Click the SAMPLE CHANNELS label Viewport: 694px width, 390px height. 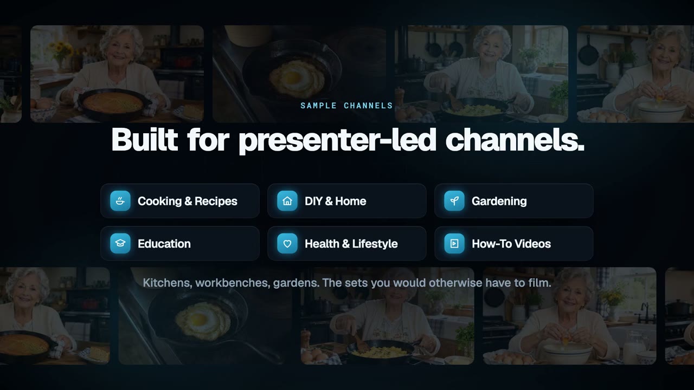pyautogui.click(x=346, y=106)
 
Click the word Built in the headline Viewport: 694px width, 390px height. pyautogui.click(x=145, y=140)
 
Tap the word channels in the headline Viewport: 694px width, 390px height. pyautogui.click(x=515, y=140)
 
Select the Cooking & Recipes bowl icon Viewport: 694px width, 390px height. pyautogui.click(x=120, y=201)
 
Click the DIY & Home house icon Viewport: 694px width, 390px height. pyautogui.click(x=287, y=201)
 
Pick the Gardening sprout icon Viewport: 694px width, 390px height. pyautogui.click(x=454, y=201)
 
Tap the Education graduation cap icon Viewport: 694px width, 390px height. pyautogui.click(x=120, y=244)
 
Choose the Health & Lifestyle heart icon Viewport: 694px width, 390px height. pyautogui.click(x=287, y=244)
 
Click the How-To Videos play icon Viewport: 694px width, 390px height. pyautogui.click(x=454, y=244)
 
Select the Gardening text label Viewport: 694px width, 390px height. pyautogui.click(x=499, y=201)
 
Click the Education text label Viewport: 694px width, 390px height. pyautogui.click(x=164, y=244)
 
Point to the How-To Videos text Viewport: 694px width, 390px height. pyautogui.click(x=511, y=244)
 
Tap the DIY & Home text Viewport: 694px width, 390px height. pyautogui.click(x=336, y=201)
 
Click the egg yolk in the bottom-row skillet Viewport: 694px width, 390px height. pyautogui.click(x=198, y=319)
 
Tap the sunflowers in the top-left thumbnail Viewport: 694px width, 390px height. pyautogui.click(x=61, y=49)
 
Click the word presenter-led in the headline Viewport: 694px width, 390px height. pyautogui.click(x=338, y=141)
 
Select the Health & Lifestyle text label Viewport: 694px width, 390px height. pyautogui.click(x=351, y=244)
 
